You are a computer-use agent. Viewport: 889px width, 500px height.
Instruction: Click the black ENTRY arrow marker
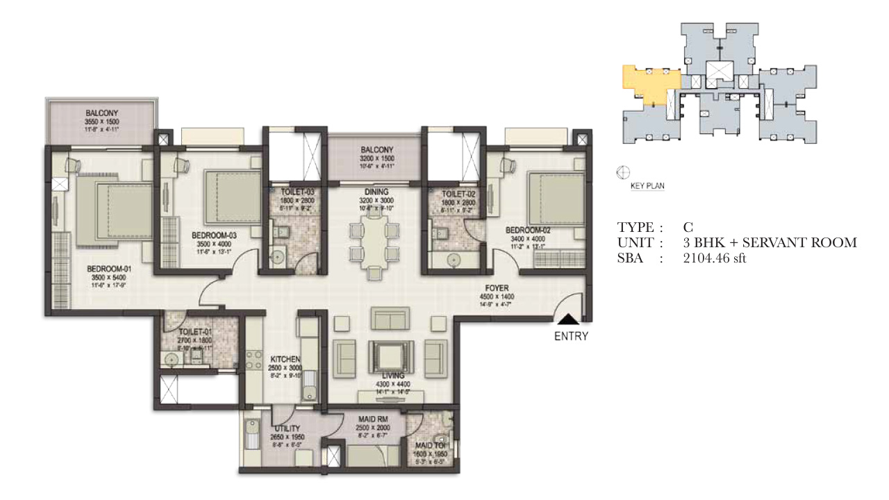568,319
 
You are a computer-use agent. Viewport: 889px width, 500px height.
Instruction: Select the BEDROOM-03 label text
214,235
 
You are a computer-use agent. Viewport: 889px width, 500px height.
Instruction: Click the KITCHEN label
285,359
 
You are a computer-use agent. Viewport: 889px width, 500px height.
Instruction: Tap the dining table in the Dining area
374,240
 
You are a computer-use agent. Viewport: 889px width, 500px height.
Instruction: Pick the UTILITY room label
286,428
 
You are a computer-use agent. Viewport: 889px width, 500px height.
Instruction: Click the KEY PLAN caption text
647,186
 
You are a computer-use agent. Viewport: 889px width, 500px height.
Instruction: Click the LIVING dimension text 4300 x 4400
374,384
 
